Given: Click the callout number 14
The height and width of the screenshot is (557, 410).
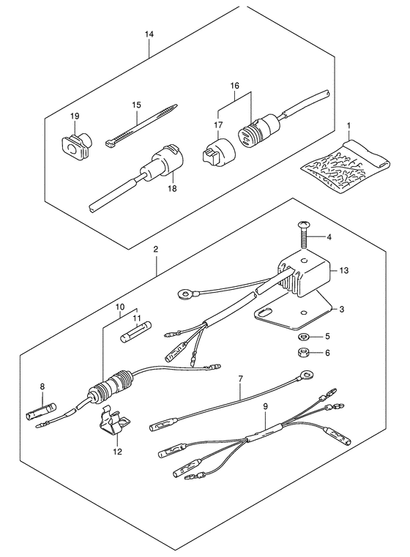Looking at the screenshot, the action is tap(149, 34).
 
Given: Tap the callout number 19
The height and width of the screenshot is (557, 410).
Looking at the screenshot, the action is tap(75, 116).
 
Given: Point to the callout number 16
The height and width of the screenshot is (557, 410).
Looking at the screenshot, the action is tap(235, 86).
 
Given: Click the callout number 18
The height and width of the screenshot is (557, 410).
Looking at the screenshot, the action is tap(172, 188).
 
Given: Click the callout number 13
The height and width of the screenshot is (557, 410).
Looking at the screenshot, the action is tap(343, 270).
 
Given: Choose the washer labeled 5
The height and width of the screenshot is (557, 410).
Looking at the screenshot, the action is tap(303, 336).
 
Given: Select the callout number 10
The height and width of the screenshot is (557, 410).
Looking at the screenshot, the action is tap(120, 306).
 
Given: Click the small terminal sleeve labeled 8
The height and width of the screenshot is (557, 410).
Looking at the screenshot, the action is tap(41, 411).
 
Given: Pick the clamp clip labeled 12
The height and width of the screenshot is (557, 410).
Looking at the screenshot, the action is tap(113, 424).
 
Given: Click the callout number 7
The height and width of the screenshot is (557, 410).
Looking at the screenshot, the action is tap(240, 378).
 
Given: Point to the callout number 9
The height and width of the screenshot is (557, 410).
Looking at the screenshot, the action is tap(265, 406).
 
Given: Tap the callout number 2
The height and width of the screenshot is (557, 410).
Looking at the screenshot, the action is tap(156, 249).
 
